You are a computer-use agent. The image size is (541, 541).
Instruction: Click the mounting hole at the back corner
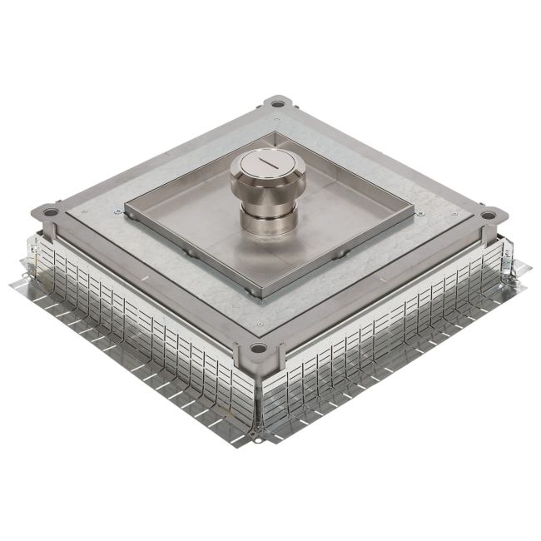(275, 106)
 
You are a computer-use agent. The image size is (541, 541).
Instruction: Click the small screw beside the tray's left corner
(117, 214)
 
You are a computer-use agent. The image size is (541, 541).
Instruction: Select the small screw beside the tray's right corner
(421, 213)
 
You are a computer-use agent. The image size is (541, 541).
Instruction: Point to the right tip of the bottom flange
(528, 268)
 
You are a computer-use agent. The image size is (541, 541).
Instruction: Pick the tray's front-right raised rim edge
(341, 250)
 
